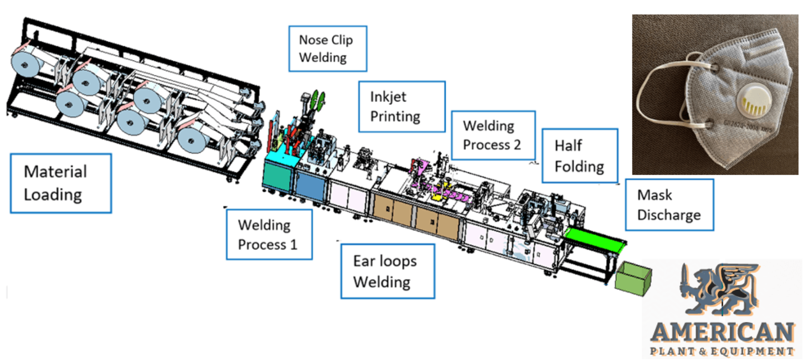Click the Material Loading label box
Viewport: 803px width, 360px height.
(x=61, y=182)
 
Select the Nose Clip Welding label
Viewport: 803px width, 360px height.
(x=327, y=48)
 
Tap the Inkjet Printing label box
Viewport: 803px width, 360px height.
(x=401, y=106)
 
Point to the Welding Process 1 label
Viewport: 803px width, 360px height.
(x=269, y=234)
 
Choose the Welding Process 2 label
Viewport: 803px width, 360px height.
(x=492, y=135)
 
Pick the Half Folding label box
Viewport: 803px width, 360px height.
(x=580, y=155)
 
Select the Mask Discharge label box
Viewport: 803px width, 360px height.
(x=669, y=205)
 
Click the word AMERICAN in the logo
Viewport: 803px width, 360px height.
(x=722, y=332)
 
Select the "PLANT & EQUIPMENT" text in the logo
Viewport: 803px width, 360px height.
(x=722, y=351)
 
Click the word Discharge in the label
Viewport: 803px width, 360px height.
(x=669, y=214)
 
